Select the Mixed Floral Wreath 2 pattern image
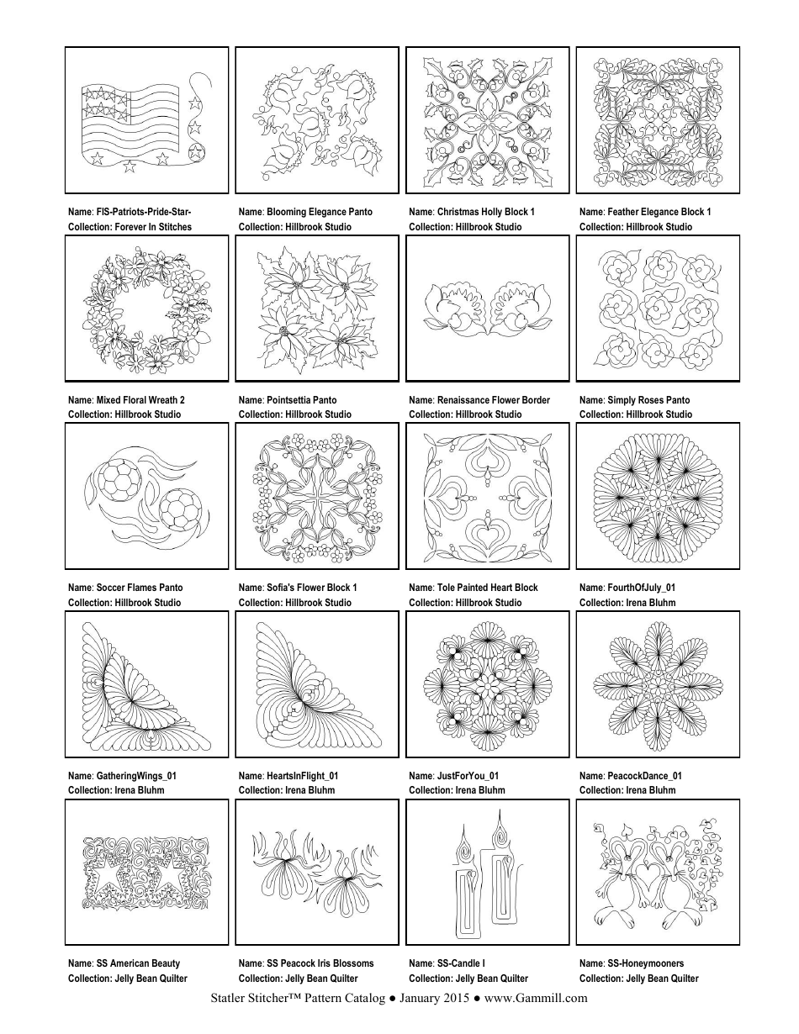click(146, 309)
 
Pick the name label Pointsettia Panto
click(288, 400)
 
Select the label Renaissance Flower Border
click(479, 400)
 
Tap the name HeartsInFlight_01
click(288, 776)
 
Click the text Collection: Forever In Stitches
click(130, 227)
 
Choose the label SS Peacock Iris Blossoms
click(306, 963)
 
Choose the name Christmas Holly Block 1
click(472, 212)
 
